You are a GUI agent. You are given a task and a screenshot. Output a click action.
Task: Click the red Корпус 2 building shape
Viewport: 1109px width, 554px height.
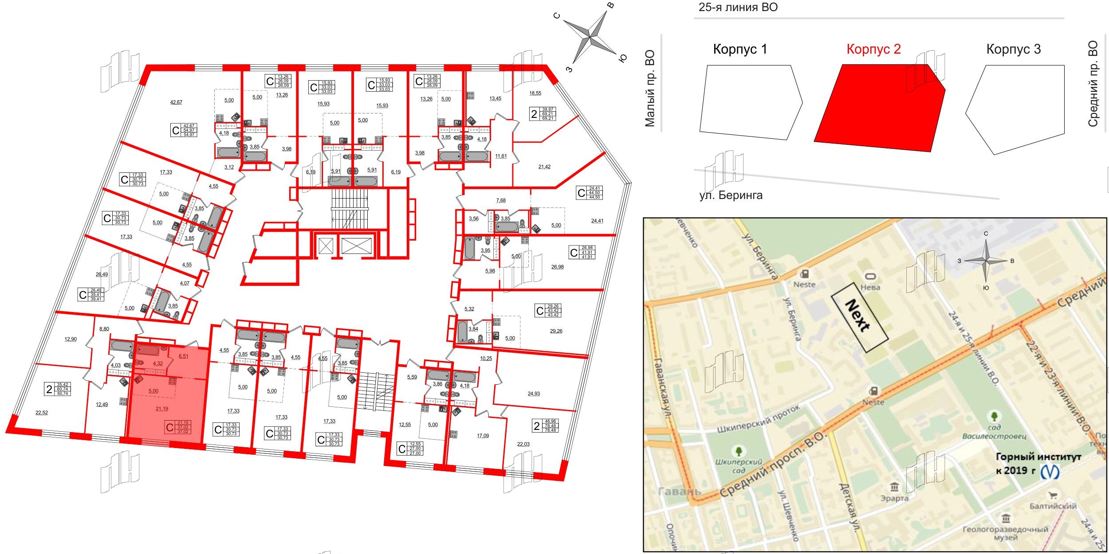(878, 109)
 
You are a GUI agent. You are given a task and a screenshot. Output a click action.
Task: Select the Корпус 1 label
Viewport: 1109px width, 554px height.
(739, 49)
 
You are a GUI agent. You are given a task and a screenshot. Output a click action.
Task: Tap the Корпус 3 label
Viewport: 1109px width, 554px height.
(1013, 49)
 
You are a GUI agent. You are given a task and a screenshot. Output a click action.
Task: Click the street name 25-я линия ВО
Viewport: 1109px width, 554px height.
(738, 8)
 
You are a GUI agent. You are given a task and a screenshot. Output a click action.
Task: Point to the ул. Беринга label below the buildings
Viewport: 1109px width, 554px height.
(731, 195)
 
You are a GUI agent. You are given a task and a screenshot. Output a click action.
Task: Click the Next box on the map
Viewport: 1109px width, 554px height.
(859, 317)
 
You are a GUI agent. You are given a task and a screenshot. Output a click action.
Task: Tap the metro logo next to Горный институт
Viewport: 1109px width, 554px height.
(1050, 472)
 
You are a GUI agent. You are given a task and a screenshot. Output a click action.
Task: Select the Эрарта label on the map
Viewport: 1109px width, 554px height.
(894, 498)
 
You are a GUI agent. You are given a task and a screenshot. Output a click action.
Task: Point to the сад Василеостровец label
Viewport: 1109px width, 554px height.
(994, 432)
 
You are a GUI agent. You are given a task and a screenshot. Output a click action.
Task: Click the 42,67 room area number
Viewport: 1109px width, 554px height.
(176, 102)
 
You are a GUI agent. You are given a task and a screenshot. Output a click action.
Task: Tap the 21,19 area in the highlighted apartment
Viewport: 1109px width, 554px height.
(161, 409)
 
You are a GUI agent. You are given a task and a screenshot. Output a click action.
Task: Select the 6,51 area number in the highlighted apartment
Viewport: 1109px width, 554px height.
(183, 356)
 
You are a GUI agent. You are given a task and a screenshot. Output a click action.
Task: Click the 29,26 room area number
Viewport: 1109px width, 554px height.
(556, 331)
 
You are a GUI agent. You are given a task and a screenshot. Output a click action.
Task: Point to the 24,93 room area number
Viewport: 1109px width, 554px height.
(534, 394)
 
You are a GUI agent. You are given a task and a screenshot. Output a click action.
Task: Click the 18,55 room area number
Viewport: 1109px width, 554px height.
(535, 94)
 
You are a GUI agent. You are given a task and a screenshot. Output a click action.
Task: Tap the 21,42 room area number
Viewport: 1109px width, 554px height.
(544, 167)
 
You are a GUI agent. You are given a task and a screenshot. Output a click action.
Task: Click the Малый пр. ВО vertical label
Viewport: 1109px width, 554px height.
(650, 89)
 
